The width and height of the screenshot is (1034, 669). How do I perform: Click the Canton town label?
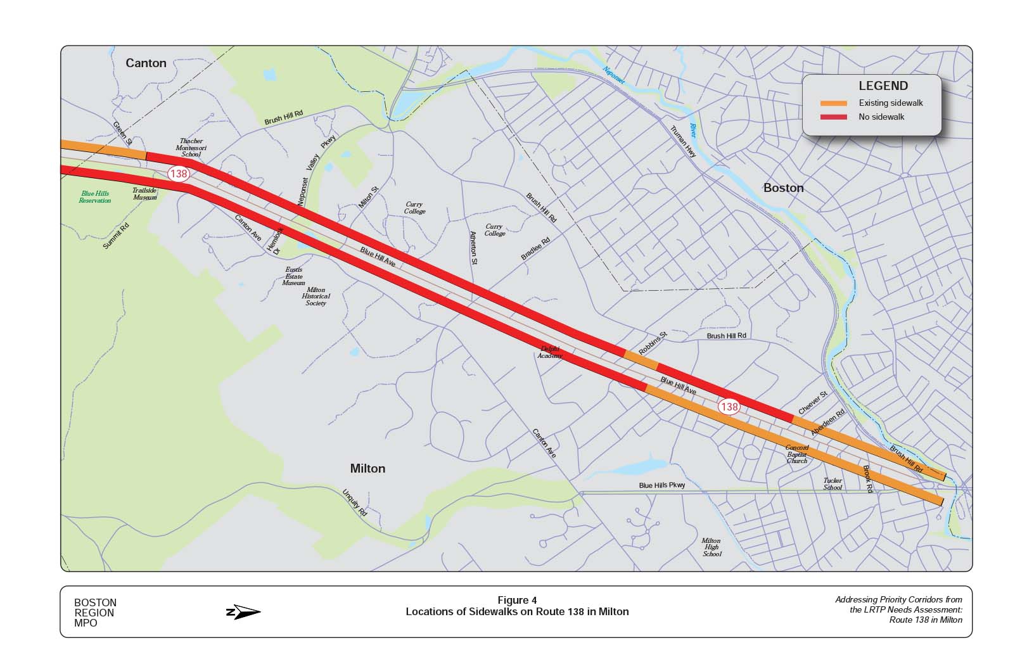(146, 63)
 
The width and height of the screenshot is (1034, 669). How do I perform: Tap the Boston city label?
(783, 188)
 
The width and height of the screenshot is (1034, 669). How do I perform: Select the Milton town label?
(367, 468)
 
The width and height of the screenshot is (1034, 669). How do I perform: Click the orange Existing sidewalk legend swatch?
(833, 103)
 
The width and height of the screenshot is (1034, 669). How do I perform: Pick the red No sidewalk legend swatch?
(833, 117)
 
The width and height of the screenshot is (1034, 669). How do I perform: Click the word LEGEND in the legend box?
(883, 86)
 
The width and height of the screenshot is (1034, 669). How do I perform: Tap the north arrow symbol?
(243, 612)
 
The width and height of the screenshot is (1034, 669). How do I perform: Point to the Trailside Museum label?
(144, 194)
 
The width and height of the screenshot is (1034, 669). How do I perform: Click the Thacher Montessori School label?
(191, 148)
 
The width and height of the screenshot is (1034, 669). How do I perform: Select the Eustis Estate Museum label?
(293, 276)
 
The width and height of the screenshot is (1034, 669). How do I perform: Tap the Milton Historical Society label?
(316, 296)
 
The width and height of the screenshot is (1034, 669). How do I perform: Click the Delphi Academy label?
(549, 352)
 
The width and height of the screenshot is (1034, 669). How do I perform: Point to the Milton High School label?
(712, 547)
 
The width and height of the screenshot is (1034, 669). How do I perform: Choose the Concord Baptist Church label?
(797, 454)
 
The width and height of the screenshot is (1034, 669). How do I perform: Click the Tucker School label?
(833, 484)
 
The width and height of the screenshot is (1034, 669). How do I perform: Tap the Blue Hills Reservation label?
(94, 197)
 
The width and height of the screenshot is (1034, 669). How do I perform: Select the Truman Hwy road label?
(683, 142)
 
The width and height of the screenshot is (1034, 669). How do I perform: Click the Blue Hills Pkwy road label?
(662, 485)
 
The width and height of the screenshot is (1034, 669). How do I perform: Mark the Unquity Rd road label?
(355, 502)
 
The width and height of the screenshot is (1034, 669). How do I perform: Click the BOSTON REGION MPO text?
(95, 613)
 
